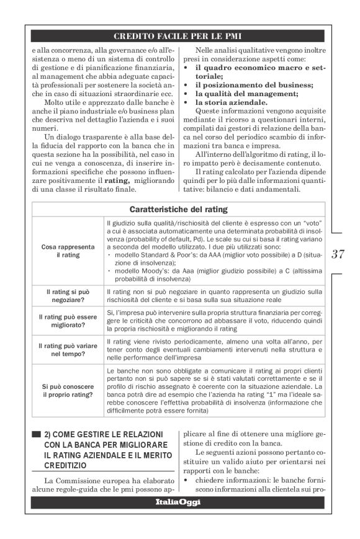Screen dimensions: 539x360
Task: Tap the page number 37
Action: [338, 253]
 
